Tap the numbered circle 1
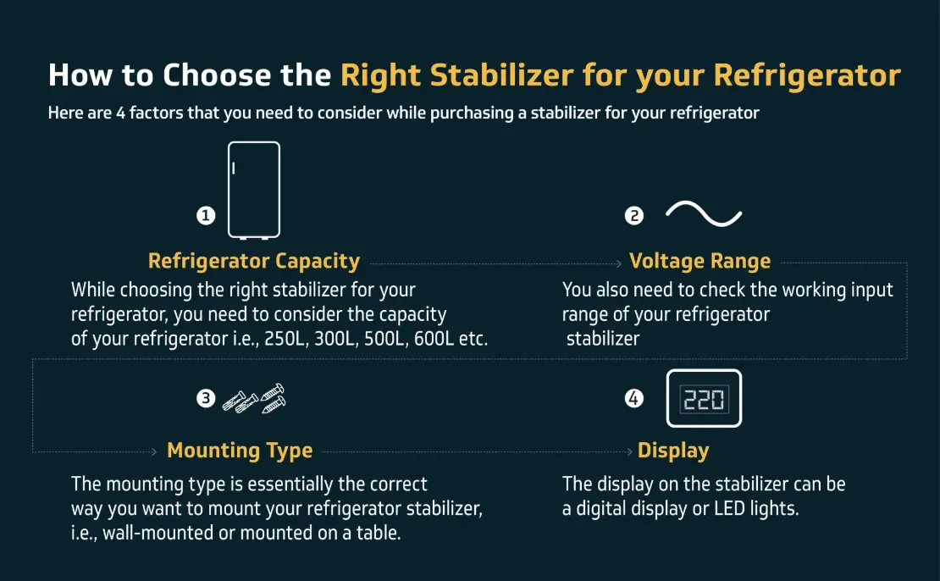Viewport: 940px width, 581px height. click(206, 215)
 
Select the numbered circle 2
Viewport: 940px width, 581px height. click(633, 215)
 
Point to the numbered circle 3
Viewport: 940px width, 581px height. click(206, 398)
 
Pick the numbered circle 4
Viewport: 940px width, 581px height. click(633, 398)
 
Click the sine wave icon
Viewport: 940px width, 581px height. click(704, 214)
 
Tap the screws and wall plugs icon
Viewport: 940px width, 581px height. click(254, 399)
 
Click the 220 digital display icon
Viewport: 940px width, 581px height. click(704, 399)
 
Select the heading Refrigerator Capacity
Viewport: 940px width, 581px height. click(253, 262)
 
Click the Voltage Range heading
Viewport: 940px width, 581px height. click(699, 262)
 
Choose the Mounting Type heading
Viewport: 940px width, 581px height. click(240, 451)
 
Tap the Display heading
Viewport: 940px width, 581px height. click(673, 451)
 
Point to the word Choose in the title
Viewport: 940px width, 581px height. click(217, 75)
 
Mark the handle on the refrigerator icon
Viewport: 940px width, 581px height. click(233, 169)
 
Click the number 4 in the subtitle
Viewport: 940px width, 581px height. click(120, 113)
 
